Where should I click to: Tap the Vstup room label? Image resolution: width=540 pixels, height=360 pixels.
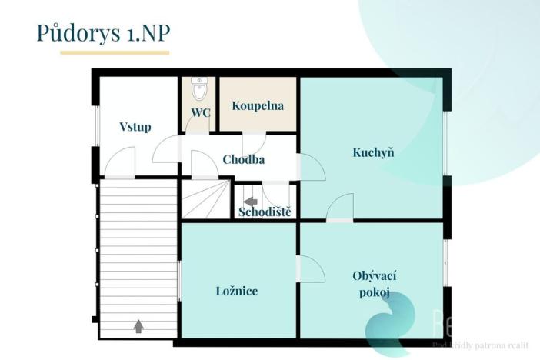(135, 127)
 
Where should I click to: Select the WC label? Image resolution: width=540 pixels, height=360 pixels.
(200, 112)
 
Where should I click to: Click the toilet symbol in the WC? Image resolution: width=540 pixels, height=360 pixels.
(200, 88)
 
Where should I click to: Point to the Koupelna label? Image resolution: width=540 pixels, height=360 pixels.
(258, 105)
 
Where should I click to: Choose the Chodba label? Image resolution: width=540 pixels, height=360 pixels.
(244, 160)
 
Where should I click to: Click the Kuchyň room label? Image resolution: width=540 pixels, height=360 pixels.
(373, 152)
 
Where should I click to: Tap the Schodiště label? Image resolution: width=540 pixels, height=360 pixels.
(265, 212)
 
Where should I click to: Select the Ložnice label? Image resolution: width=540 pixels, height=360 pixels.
(236, 291)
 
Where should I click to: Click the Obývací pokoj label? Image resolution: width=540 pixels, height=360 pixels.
(374, 284)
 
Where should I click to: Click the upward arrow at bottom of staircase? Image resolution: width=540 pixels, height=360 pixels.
(138, 325)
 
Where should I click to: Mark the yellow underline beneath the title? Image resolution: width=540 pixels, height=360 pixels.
(115, 53)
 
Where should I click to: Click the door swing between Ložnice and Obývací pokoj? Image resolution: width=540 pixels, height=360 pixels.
(307, 270)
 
